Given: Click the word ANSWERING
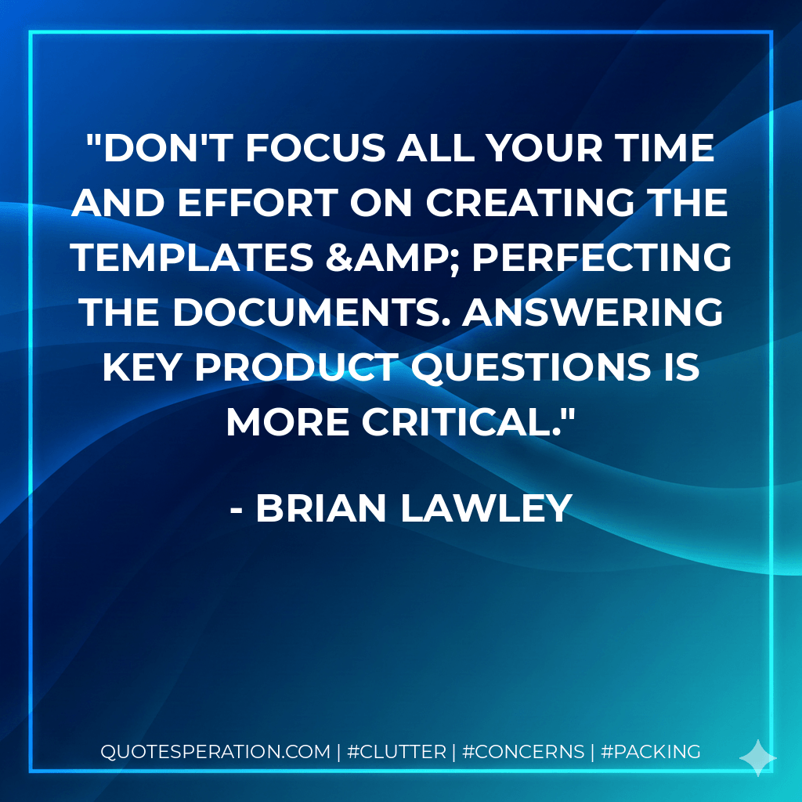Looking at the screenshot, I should pyautogui.click(x=586, y=313).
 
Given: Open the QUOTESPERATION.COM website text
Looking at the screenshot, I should pyautogui.click(x=215, y=752).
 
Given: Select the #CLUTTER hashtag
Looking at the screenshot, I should pyautogui.click(x=396, y=752).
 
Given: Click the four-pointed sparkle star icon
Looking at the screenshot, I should pyautogui.click(x=758, y=757).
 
